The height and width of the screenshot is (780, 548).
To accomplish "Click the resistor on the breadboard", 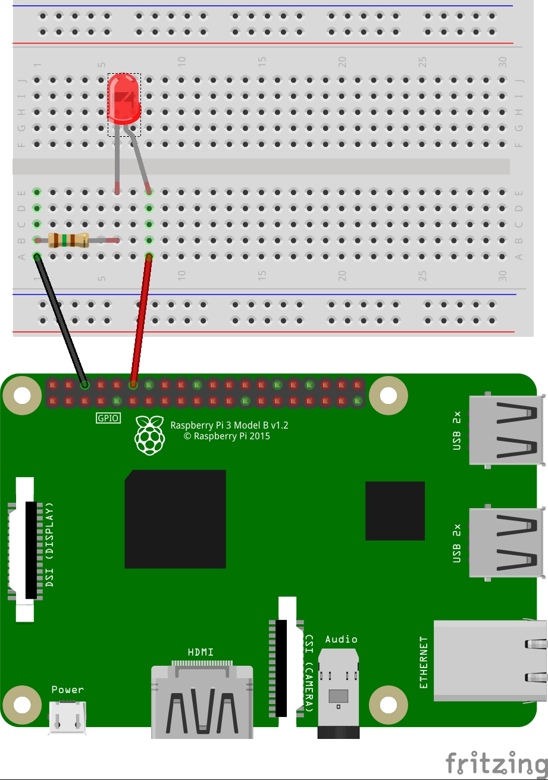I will (x=69, y=240).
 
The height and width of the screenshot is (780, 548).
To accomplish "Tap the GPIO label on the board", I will (x=108, y=418).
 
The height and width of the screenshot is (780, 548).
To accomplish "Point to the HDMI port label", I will (x=201, y=652).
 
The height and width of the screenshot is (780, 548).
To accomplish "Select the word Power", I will (x=67, y=690).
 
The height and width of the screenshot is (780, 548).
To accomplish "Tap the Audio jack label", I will (x=341, y=639).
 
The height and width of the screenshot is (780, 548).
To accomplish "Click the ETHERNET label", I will (x=424, y=662).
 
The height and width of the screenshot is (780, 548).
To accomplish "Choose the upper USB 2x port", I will (x=506, y=430).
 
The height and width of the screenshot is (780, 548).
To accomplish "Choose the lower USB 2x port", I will (x=506, y=543).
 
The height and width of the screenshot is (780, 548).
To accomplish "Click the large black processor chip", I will (x=175, y=519).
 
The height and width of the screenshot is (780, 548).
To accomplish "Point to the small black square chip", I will (x=394, y=510).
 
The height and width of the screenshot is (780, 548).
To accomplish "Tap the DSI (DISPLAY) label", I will (x=50, y=545).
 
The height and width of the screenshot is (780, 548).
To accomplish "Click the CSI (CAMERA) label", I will (x=309, y=673).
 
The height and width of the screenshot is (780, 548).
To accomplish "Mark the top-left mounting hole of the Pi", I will (x=23, y=395).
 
